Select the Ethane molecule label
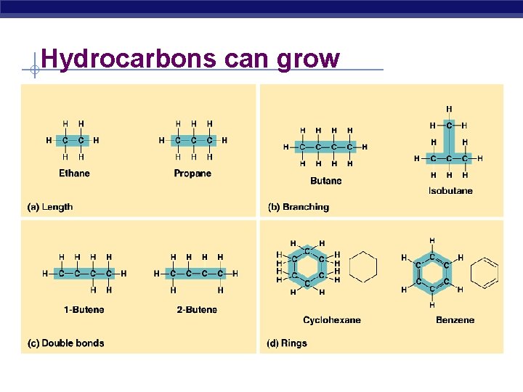pos(75,173)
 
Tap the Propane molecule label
pos(192,173)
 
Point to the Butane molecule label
pos(325,180)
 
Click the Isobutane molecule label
pos(450,191)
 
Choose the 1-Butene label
pos(84,310)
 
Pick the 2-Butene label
pos(197,310)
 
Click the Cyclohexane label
pos(332,320)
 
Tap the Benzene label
pos(455,320)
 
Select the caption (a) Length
pos(50,207)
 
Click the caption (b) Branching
pos(299,207)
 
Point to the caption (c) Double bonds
pos(65,343)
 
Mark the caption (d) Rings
pos(287,343)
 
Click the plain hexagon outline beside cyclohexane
pos(363,268)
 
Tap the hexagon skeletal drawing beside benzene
pos(485,273)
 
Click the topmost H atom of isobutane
pos(449,109)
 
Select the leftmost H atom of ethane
pos(49,140)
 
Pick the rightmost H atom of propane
pos(224,140)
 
